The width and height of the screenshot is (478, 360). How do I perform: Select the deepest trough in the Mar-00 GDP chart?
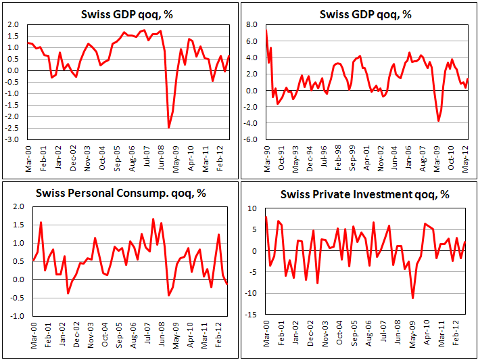pos(168,127)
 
